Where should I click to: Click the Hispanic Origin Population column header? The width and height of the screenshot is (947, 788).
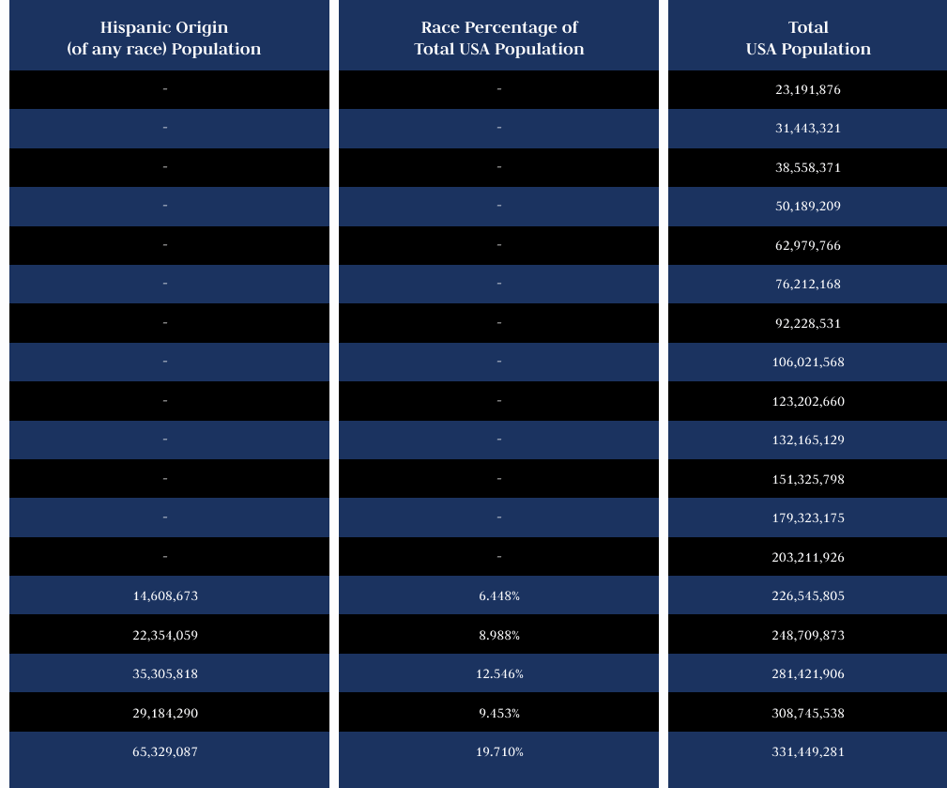click(164, 39)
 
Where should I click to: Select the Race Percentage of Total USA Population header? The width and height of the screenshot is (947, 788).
click(498, 39)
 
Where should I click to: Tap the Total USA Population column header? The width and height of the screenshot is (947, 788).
click(808, 39)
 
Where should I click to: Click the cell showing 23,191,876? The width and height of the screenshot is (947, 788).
click(808, 90)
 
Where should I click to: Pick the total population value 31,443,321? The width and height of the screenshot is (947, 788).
click(808, 129)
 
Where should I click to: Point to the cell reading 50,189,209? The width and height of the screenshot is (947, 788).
click(808, 207)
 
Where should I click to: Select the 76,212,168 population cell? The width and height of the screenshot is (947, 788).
click(808, 285)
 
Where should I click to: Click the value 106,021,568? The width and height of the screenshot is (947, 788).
click(808, 363)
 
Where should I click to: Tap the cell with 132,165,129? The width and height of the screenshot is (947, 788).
click(808, 440)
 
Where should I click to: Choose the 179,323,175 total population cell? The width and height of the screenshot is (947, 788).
click(808, 518)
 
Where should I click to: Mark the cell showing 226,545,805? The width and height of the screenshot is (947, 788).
click(808, 596)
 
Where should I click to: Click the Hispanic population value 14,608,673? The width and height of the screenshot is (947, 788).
click(165, 596)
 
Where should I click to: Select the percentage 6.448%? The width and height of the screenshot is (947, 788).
click(499, 596)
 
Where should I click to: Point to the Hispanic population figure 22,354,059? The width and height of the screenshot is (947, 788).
click(165, 636)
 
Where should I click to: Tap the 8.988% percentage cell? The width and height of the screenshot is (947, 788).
click(499, 636)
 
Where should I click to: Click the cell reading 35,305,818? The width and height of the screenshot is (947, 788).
click(165, 674)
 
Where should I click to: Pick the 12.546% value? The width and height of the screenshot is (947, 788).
click(499, 674)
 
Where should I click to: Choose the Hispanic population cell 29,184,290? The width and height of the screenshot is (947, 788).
click(165, 714)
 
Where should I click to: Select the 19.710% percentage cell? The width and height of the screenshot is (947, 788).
click(499, 752)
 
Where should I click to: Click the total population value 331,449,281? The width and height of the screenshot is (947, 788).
click(808, 752)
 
